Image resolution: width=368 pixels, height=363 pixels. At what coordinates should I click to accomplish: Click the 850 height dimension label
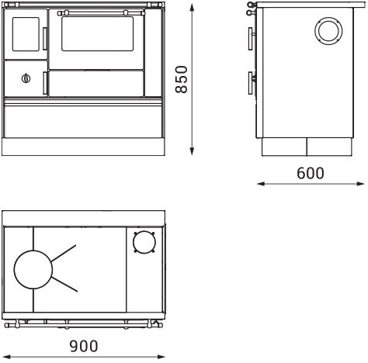(181, 79)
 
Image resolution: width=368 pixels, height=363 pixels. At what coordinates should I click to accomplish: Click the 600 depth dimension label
(311, 173)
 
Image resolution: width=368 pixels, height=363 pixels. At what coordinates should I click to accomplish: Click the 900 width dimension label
(84, 346)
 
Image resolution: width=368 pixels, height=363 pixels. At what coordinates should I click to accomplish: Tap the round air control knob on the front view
(26, 78)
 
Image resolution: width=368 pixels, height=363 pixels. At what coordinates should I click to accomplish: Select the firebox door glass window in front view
(26, 34)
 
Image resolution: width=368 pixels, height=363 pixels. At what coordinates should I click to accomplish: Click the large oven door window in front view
(97, 33)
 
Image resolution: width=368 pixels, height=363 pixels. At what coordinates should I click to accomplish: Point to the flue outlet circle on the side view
(328, 30)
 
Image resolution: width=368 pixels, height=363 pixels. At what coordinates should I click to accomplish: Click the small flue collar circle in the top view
(144, 242)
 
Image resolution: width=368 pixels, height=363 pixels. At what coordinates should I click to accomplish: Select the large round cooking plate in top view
(33, 269)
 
